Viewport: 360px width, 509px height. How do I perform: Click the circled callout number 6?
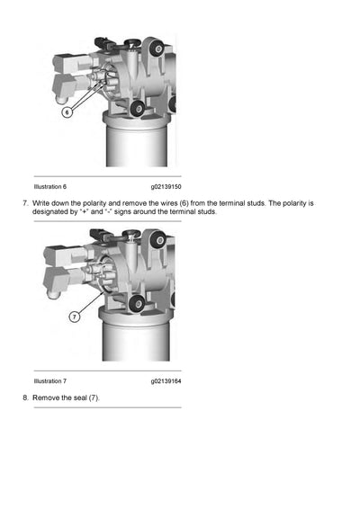tap(66, 114)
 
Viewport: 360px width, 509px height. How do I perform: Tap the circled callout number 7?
tap(74, 317)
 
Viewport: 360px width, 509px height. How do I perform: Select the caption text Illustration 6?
tap(50, 186)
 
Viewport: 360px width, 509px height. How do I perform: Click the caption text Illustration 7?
tap(50, 380)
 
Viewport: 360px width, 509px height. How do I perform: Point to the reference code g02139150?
tap(166, 186)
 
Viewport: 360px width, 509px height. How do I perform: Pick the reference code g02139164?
tap(166, 380)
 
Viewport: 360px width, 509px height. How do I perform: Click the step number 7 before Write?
tap(25, 203)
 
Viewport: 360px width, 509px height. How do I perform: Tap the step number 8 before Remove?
tap(25, 397)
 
